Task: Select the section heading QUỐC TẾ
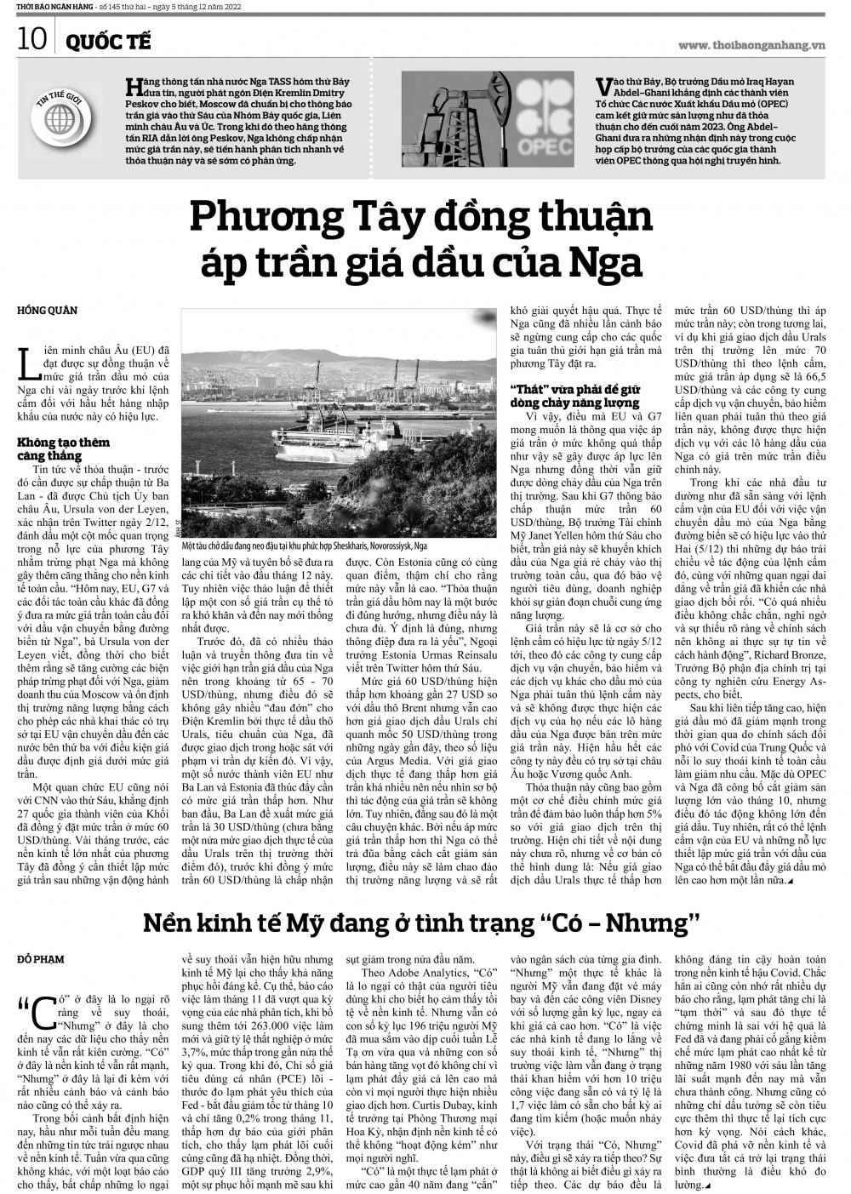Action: coord(104,42)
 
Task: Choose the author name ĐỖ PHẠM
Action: coord(41,959)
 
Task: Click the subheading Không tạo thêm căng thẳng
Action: coord(64,448)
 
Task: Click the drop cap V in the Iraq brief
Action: coord(603,85)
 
